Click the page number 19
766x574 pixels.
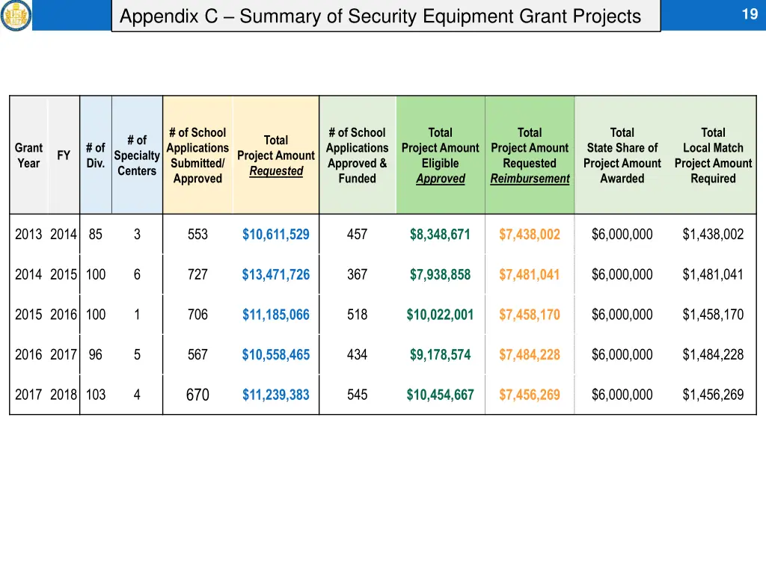point(750,13)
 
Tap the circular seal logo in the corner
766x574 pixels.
point(16,15)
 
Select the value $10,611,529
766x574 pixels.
point(275,235)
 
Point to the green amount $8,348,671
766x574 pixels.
point(440,235)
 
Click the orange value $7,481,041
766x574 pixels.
point(529,275)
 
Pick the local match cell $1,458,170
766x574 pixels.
point(713,315)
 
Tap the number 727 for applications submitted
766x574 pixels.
point(197,275)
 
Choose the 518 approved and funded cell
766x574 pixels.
point(357,315)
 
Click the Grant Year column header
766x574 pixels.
point(28,155)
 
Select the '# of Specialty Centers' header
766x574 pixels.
point(137,155)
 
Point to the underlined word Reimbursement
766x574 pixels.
point(530,179)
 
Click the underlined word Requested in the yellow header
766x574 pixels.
point(276,171)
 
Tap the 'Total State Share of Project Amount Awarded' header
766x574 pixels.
point(622,155)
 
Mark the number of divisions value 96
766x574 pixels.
point(95,355)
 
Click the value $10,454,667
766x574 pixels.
point(440,395)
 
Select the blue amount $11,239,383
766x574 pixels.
point(275,395)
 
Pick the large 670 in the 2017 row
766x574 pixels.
point(197,395)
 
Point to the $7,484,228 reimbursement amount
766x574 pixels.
point(529,355)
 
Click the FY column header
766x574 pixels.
point(64,155)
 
